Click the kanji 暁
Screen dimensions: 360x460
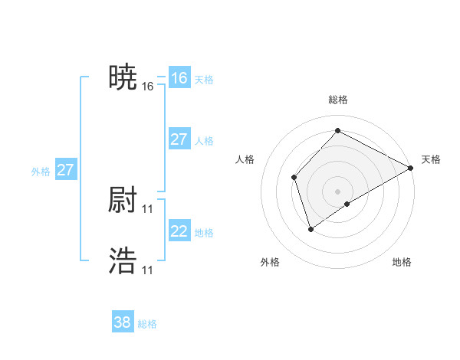(x=123, y=77)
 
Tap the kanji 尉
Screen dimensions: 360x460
(x=123, y=200)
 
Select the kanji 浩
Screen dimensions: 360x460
(x=123, y=261)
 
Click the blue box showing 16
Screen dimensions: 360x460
(x=179, y=78)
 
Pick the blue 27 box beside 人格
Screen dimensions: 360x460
(x=179, y=139)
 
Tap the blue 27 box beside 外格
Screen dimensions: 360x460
(x=65, y=170)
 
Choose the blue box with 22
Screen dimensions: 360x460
(x=179, y=231)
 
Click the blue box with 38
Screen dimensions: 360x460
(x=122, y=322)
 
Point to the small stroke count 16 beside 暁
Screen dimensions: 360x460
(x=148, y=87)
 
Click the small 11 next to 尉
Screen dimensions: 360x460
(x=148, y=209)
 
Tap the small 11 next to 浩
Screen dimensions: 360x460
(x=148, y=270)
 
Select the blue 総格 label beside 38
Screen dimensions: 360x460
(x=147, y=324)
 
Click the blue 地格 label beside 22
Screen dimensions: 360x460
(x=204, y=233)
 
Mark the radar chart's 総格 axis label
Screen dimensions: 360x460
(x=337, y=100)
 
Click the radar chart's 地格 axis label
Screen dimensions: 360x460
(x=402, y=263)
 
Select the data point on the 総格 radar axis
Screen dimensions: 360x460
(x=337, y=130)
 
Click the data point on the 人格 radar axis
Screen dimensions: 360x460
(x=294, y=178)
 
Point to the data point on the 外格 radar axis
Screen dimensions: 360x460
(x=310, y=228)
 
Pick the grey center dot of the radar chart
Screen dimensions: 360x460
(x=337, y=191)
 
